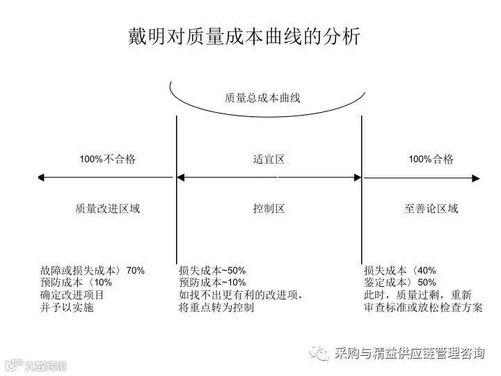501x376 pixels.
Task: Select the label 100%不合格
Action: (x=107, y=159)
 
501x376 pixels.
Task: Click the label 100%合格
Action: (x=431, y=159)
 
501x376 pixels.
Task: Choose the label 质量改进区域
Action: (x=108, y=208)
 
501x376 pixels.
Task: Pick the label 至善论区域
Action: (x=431, y=208)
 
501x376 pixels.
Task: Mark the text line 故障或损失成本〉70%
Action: (x=93, y=270)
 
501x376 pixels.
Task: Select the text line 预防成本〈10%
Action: (x=76, y=283)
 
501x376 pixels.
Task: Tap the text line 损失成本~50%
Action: (x=212, y=270)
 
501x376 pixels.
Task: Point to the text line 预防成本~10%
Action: (x=212, y=283)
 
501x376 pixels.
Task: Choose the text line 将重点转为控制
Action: (x=216, y=308)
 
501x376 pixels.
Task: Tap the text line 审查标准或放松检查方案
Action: (x=422, y=308)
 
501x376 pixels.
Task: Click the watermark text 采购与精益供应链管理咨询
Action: (x=409, y=354)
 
